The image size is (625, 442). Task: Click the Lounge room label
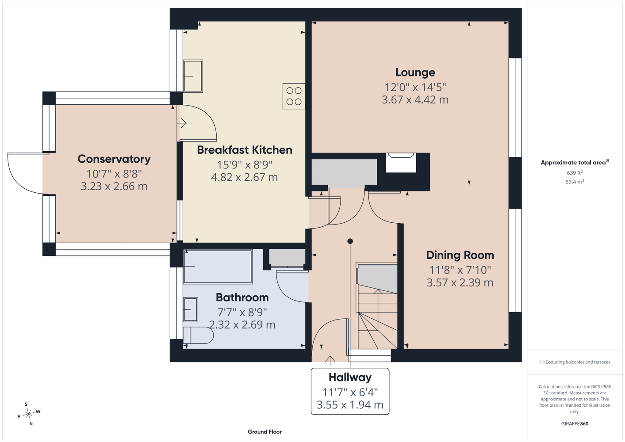(415, 72)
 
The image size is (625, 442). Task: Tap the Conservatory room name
(114, 159)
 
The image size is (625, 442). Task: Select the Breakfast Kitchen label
(245, 150)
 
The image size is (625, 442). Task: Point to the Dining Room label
(460, 255)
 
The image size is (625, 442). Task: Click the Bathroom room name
(242, 297)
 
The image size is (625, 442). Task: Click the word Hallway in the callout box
(350, 377)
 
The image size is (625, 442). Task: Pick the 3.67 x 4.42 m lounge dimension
(415, 100)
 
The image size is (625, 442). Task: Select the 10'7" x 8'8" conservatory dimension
(114, 174)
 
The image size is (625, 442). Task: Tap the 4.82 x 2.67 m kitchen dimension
(245, 177)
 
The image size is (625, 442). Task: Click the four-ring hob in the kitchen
(294, 96)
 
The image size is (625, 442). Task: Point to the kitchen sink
(193, 76)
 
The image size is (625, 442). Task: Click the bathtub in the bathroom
(218, 267)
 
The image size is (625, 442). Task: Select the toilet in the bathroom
(198, 335)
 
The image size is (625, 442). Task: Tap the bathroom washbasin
(191, 309)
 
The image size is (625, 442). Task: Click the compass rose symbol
(28, 414)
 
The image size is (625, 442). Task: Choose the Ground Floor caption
(265, 432)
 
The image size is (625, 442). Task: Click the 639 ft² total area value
(575, 173)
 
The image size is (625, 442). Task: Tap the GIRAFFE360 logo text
(575, 423)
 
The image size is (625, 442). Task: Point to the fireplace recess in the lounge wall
(401, 163)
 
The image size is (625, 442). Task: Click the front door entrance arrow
(330, 361)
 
